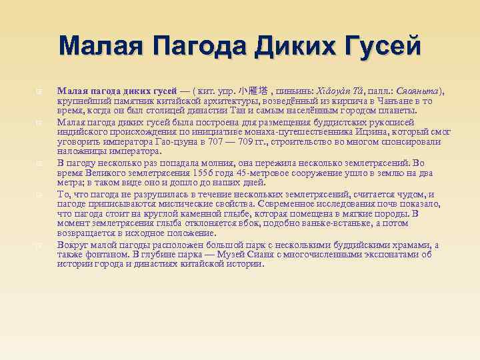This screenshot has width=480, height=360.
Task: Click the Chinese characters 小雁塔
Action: [254, 91]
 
